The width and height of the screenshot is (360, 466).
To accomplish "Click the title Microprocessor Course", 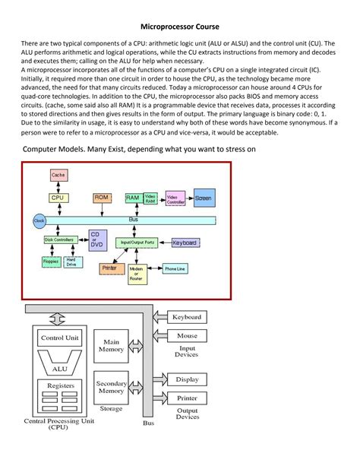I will [x=179, y=26].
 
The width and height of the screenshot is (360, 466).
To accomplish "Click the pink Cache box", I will [x=58, y=175].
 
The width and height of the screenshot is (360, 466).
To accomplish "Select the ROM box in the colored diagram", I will [x=103, y=197].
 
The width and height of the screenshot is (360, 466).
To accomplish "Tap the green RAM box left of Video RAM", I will [x=132, y=197].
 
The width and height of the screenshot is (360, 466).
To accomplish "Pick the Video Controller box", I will [x=175, y=198].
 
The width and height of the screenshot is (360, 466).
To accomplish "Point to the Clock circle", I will [x=39, y=220].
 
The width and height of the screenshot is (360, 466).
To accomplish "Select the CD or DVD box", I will [x=96, y=239].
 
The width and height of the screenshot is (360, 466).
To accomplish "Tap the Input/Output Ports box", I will [x=137, y=242].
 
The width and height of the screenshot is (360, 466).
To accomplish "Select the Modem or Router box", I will [x=137, y=274].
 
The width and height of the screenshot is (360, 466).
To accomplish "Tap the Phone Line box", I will [x=176, y=268].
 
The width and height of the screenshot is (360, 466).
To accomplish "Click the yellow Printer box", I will [x=109, y=268].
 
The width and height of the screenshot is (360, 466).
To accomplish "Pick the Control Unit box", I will [x=60, y=338].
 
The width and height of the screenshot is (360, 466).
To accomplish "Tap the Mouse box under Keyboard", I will [x=187, y=335].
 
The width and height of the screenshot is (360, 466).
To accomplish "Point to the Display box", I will [x=187, y=379].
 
